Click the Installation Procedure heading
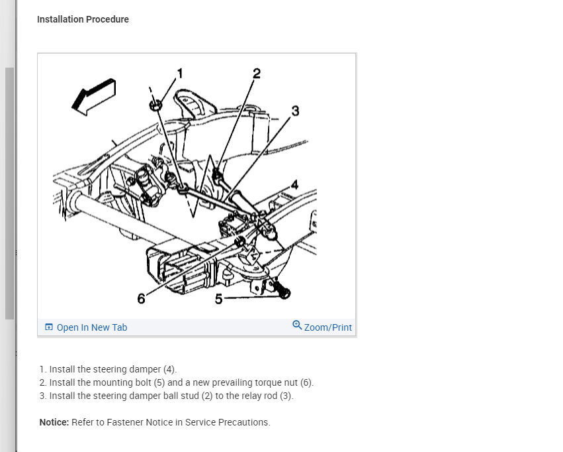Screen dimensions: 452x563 click(x=83, y=19)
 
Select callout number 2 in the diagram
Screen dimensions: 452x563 click(x=257, y=72)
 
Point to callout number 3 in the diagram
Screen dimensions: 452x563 click(x=295, y=110)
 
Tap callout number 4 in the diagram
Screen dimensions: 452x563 click(x=294, y=185)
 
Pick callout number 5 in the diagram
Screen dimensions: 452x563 click(x=219, y=299)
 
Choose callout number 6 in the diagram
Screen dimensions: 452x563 click(x=141, y=299)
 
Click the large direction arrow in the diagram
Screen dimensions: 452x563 click(x=93, y=95)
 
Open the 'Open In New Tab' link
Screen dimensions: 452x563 click(x=92, y=327)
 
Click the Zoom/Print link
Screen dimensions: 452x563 click(x=327, y=327)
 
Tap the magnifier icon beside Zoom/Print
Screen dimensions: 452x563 click(x=297, y=325)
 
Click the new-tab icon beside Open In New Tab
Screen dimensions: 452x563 click(x=48, y=327)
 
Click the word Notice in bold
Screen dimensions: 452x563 click(x=54, y=422)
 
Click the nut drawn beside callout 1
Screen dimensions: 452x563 click(x=156, y=105)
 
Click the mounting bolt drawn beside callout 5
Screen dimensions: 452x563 click(x=283, y=290)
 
